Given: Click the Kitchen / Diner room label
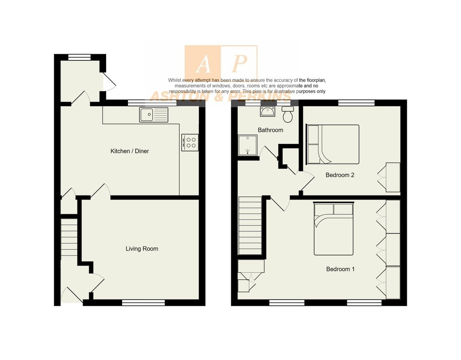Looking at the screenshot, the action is click(x=129, y=151).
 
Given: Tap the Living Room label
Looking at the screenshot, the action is click(x=142, y=249).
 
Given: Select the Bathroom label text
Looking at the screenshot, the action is click(x=270, y=130).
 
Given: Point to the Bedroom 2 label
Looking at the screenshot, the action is click(x=340, y=175).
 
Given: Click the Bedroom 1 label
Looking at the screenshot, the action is click(x=340, y=269).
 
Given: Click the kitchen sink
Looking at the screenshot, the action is click(x=154, y=114).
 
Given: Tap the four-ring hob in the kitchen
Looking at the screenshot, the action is click(x=190, y=143).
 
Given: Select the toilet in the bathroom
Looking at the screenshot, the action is click(x=288, y=114).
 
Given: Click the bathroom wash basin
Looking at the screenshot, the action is click(x=267, y=111).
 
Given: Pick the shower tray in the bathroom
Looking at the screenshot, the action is click(x=247, y=145).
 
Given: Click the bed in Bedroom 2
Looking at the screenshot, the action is click(x=333, y=144).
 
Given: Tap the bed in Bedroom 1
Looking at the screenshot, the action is click(x=333, y=229).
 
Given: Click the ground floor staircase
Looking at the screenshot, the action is click(x=69, y=237).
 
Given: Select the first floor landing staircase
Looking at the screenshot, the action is click(x=250, y=226).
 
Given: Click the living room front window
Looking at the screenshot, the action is click(x=143, y=303).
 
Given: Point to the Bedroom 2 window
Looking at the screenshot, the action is click(x=356, y=103).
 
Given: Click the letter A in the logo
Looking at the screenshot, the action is click(x=203, y=64).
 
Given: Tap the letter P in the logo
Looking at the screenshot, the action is click(x=239, y=64).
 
